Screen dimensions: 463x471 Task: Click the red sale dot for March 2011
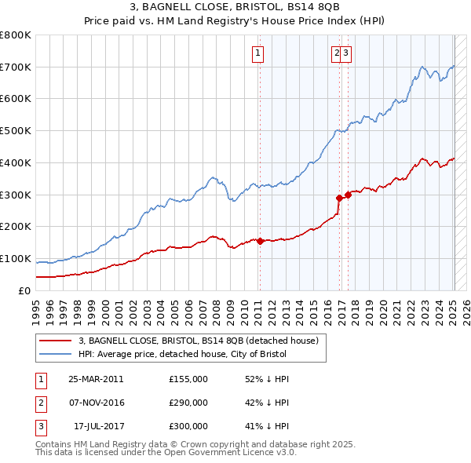[x=260, y=241]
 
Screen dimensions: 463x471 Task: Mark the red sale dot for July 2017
[x=348, y=195]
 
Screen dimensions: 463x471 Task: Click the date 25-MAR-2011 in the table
[x=96, y=379]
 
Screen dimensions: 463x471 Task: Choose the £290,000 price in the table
[x=188, y=403]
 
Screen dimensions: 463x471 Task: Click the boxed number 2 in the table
[x=40, y=403]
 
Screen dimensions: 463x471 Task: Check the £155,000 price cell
[x=188, y=379]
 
